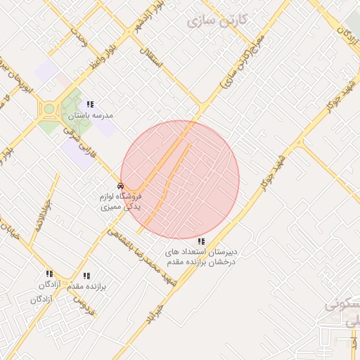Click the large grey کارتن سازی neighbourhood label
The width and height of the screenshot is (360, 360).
(218, 20)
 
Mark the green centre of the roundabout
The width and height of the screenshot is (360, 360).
(50, 109)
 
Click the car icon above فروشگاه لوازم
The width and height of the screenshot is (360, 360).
(121, 186)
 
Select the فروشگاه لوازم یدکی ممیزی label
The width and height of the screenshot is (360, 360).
(122, 202)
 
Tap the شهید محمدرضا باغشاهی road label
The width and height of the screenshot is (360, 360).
(145, 257)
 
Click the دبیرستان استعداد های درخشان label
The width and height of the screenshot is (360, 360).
(202, 256)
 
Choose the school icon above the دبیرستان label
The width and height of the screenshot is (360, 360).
(202, 241)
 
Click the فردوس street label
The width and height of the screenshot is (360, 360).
(84, 303)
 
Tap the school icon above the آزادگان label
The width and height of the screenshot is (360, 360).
(49, 274)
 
